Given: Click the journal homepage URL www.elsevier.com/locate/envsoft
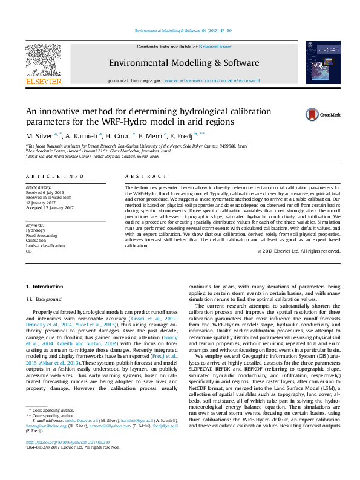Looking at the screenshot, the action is click(x=212, y=80).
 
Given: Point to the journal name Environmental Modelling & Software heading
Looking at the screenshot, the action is click(x=183, y=63).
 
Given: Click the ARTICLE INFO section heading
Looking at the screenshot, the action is click(x=54, y=176).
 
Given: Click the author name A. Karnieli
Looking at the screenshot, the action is click(x=83, y=135).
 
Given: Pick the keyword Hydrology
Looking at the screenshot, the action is click(x=36, y=230).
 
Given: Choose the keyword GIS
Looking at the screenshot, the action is click(x=28, y=250).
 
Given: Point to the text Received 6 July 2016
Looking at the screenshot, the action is click(x=48, y=192).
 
